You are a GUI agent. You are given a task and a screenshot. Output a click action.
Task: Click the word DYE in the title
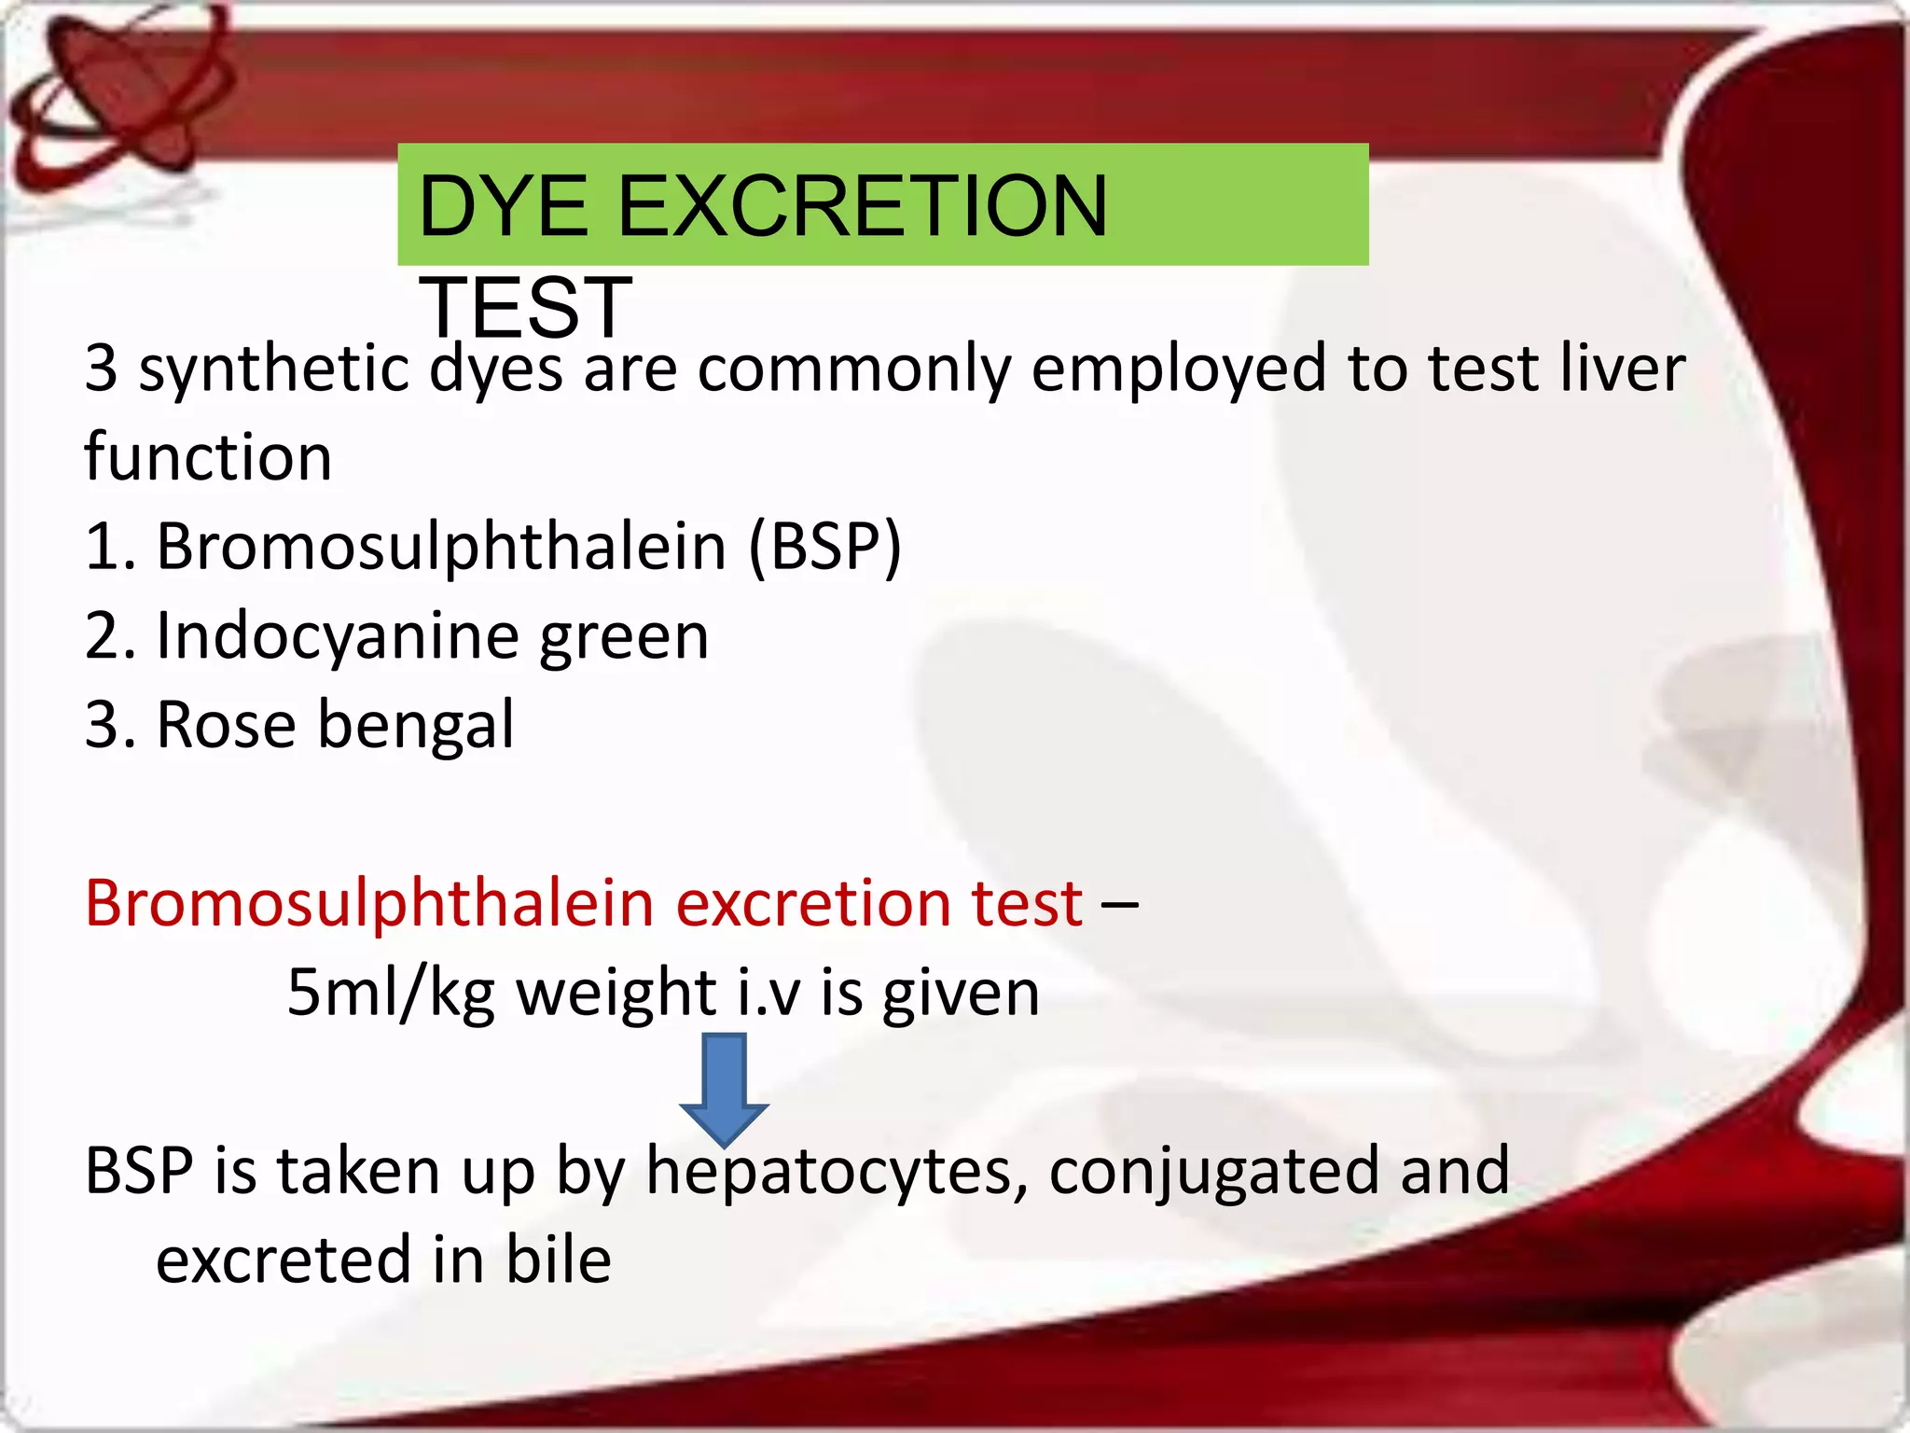tap(504, 206)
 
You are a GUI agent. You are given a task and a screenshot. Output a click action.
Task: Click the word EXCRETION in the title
tap(862, 206)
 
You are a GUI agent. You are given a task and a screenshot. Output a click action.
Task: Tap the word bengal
tap(415, 726)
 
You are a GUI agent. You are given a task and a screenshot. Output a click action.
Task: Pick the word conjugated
tap(1213, 1172)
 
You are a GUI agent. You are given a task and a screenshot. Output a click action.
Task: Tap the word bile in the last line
tap(558, 1259)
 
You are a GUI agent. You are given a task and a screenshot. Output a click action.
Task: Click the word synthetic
tap(274, 369)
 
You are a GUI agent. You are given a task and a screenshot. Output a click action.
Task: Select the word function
tap(208, 457)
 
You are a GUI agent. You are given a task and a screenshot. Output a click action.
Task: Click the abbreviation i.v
tap(768, 993)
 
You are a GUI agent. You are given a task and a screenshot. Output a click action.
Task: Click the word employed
tap(1179, 369)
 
